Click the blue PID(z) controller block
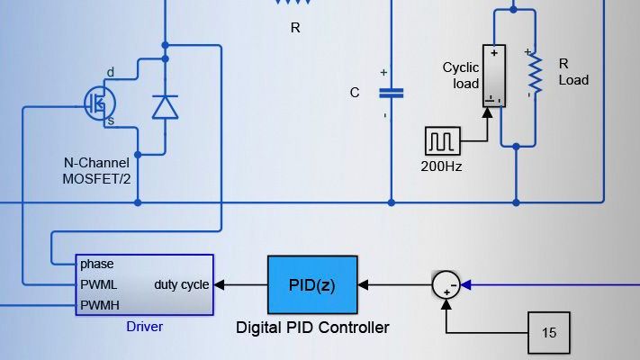click(312, 284)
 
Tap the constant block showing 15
click(549, 332)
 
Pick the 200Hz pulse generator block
click(442, 140)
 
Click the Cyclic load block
click(493, 76)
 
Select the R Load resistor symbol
click(535, 76)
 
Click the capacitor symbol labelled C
click(391, 93)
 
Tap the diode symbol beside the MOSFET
click(165, 107)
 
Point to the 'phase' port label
click(96, 265)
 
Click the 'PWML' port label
click(99, 284)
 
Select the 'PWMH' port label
click(99, 305)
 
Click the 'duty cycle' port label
click(182, 284)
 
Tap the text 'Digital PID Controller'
click(312, 328)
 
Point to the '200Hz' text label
click(442, 166)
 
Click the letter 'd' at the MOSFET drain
click(111, 72)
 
